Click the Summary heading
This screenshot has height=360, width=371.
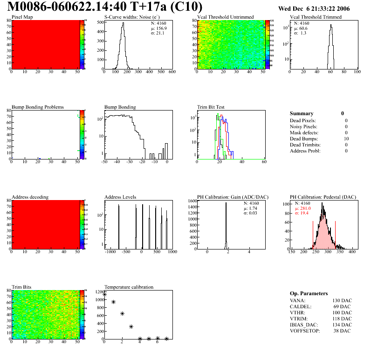pyautogui.click(x=302, y=113)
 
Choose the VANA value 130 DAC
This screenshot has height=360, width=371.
pyautogui.click(x=343, y=300)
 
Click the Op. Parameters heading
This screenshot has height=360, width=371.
pyautogui.click(x=309, y=293)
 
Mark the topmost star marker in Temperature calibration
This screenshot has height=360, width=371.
pyautogui.click(x=104, y=294)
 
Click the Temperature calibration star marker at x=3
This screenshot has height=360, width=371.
pyautogui.click(x=131, y=326)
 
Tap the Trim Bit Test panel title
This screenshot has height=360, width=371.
pyautogui.click(x=211, y=107)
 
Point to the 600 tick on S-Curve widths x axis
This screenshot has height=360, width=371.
pyautogui.click(x=172, y=72)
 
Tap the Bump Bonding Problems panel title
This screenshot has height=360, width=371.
pyautogui.click(x=38, y=107)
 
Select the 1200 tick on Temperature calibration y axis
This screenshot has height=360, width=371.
pyautogui.click(x=99, y=292)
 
